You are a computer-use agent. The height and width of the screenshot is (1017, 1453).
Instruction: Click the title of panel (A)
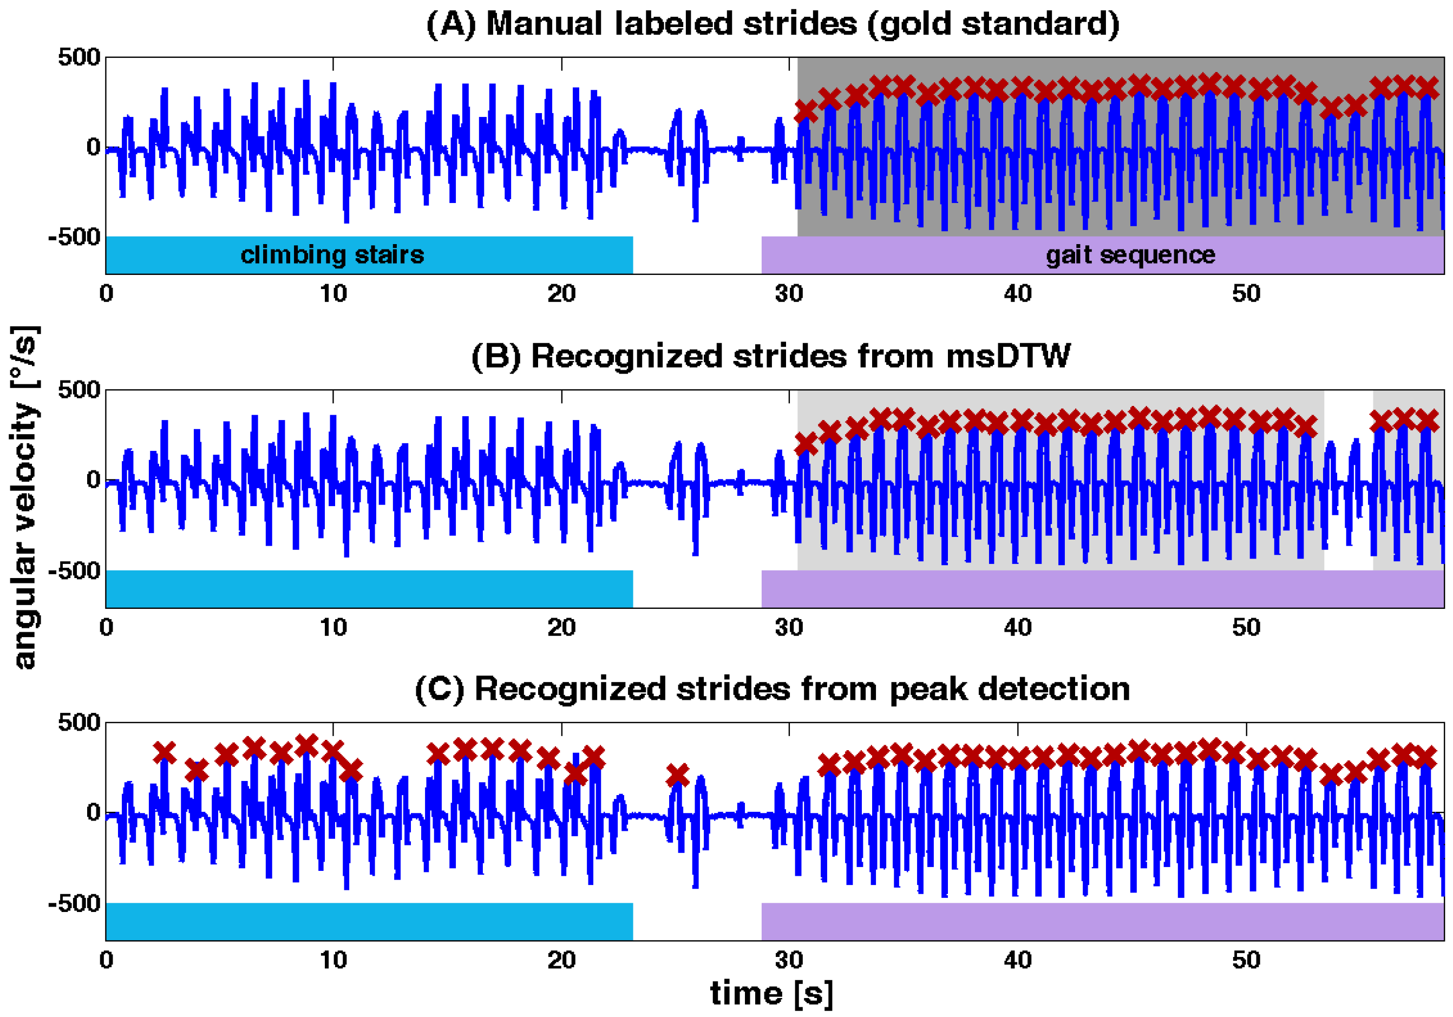click(772, 24)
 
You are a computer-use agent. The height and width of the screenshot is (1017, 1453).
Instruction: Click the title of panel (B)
click(770, 356)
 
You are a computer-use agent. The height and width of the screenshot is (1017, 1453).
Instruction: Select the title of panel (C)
click(772, 688)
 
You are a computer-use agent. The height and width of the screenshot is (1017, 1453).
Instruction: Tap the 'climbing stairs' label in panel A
click(332, 255)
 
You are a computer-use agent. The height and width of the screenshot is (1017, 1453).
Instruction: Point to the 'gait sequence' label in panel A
click(1130, 255)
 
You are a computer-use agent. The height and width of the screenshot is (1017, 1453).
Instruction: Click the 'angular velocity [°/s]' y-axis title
click(25, 497)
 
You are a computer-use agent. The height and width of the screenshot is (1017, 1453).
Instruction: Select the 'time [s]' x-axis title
click(772, 994)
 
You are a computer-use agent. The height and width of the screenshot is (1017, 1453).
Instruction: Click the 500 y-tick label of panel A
click(79, 57)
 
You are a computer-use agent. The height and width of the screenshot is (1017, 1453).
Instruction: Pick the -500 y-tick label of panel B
click(74, 571)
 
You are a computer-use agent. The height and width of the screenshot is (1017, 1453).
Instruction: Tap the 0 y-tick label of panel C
click(93, 812)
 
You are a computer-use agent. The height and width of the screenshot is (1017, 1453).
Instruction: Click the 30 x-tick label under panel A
click(789, 294)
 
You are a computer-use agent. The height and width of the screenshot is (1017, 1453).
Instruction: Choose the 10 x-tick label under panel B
click(333, 627)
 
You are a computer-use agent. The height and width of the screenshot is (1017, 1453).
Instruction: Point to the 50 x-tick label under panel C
click(1246, 960)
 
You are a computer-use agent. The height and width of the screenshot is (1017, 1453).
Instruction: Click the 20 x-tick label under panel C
click(561, 960)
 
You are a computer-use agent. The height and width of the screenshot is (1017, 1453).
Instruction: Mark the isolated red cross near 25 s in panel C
click(678, 775)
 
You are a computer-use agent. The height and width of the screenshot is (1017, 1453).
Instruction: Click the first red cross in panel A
click(806, 111)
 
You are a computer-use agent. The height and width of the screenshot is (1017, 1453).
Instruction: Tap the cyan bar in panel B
click(369, 588)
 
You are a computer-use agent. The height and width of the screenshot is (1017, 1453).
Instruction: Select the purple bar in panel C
click(1102, 921)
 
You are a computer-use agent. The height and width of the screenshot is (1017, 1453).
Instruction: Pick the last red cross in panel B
click(1427, 420)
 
